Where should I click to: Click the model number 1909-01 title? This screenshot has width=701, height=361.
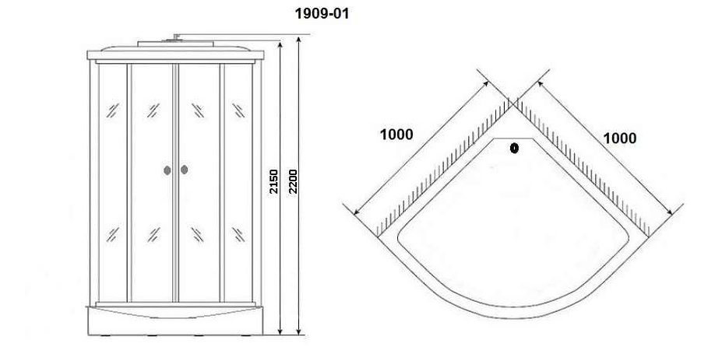pyautogui.click(x=322, y=14)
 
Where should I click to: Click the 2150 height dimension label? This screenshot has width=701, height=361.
pyautogui.click(x=273, y=181)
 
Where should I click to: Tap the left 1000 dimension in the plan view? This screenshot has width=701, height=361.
pyautogui.click(x=396, y=134)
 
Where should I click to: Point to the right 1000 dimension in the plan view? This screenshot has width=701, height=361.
pyautogui.click(x=620, y=138)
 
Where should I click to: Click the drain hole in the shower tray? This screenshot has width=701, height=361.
pyautogui.click(x=514, y=149)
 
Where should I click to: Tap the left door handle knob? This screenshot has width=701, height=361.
pyautogui.click(x=167, y=170)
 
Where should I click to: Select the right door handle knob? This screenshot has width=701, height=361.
pyautogui.click(x=184, y=170)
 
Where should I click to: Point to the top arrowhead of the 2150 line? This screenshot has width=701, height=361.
pyautogui.click(x=280, y=44)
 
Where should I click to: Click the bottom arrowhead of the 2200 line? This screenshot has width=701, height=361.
pyautogui.click(x=298, y=331)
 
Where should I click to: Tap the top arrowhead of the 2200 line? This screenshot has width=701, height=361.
pyautogui.click(x=298, y=38)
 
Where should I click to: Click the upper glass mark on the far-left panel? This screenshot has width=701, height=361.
pyautogui.click(x=112, y=110)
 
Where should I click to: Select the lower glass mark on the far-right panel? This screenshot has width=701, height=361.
pyautogui.click(x=238, y=234)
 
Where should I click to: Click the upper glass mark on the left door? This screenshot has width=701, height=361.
pyautogui.click(x=153, y=110)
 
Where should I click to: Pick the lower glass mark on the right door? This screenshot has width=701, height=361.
pyautogui.click(x=198, y=234)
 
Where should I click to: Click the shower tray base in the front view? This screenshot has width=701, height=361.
pyautogui.click(x=174, y=321)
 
